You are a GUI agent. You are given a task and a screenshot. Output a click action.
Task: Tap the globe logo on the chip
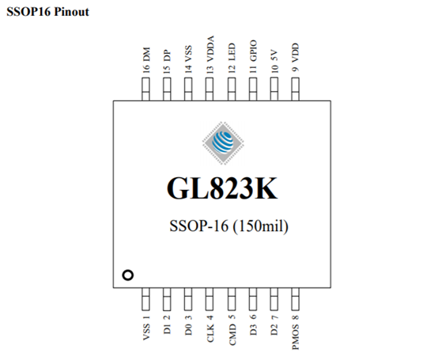[x=223, y=143]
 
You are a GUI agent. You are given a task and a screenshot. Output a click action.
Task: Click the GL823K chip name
[x=222, y=188]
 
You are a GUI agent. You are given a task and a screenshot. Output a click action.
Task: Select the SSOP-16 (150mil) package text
[x=228, y=226]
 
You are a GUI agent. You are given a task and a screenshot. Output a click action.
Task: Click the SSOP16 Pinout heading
[x=47, y=12]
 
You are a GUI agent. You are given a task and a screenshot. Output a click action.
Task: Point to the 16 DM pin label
[x=146, y=60]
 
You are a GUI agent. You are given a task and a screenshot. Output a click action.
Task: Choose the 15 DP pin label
[x=167, y=62]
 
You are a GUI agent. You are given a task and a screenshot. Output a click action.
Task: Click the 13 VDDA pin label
[x=210, y=55]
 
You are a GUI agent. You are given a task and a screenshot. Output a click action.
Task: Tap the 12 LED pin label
[x=232, y=58]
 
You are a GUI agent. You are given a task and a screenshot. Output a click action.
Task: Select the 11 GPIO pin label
[x=253, y=57]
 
